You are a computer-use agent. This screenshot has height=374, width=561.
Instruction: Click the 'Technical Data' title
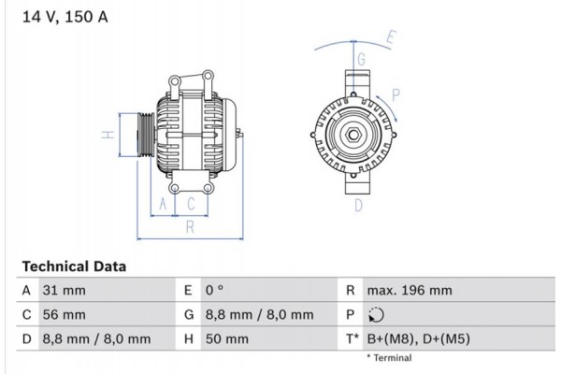(74, 266)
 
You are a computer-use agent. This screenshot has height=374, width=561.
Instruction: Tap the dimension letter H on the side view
(109, 136)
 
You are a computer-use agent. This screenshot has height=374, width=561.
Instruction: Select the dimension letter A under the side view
(163, 204)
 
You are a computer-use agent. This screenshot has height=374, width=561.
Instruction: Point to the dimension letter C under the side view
(191, 204)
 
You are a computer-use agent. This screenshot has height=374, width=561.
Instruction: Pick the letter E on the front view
(392, 38)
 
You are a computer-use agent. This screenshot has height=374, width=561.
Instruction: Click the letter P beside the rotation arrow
(396, 93)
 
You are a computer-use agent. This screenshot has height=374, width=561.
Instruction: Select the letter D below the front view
(358, 206)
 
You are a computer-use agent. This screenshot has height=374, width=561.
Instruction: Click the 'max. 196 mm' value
(410, 291)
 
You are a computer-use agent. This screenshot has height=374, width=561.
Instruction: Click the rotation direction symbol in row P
(376, 315)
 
